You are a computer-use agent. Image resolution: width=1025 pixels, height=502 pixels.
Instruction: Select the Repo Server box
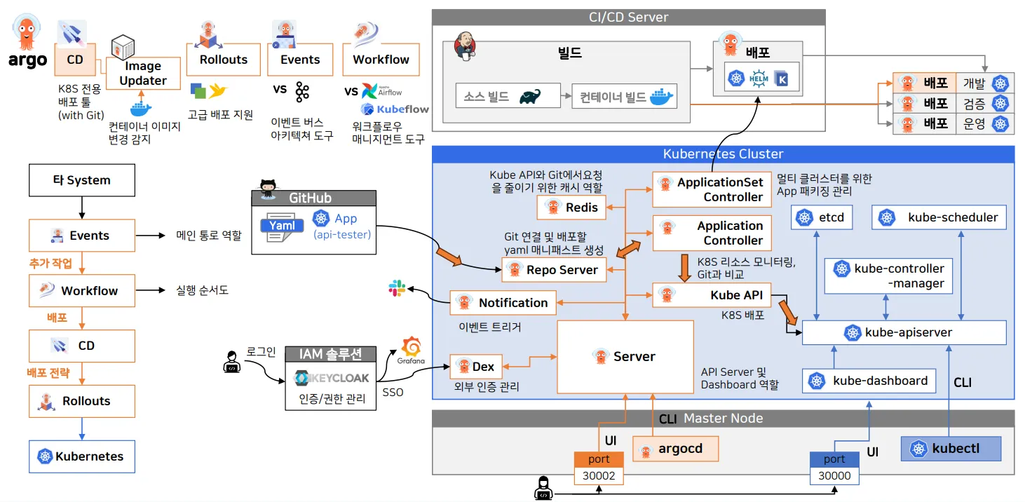pyautogui.click(x=554, y=270)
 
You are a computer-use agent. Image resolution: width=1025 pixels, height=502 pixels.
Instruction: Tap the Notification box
pyautogui.click(x=503, y=303)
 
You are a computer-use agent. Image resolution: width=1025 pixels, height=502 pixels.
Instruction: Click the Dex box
pyautogui.click(x=475, y=367)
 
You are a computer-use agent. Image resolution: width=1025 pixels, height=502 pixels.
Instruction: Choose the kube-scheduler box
pyautogui.click(x=939, y=217)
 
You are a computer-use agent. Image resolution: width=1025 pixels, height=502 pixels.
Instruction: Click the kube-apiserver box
pyautogui.click(x=904, y=332)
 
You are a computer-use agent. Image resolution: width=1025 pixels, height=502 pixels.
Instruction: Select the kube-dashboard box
pyautogui.click(x=869, y=381)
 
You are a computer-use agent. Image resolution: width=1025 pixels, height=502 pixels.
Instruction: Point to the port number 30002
pyautogui.click(x=599, y=476)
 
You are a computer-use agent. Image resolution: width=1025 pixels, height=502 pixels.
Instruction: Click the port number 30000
pyautogui.click(x=834, y=476)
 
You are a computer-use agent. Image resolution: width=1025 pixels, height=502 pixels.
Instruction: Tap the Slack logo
pyautogui.click(x=397, y=288)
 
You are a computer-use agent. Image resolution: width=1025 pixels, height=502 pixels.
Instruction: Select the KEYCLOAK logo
pyautogui.click(x=332, y=379)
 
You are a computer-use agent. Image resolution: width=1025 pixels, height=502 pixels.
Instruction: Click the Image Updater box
pyautogui.click(x=143, y=73)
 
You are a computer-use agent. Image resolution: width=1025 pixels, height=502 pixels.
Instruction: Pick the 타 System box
pyautogui.click(x=81, y=180)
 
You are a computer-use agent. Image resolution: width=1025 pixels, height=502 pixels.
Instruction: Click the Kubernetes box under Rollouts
pyautogui.click(x=81, y=456)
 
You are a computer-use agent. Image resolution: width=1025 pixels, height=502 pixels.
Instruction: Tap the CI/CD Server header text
pyautogui.click(x=628, y=17)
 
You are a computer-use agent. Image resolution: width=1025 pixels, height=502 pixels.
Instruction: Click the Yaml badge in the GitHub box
pyautogui.click(x=282, y=226)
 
